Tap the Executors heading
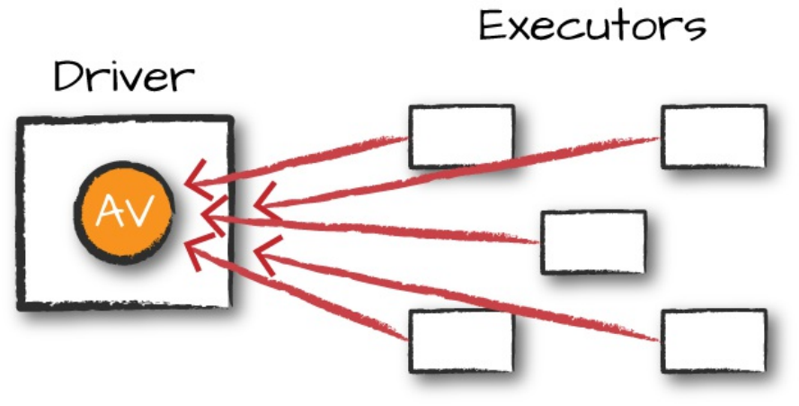592,27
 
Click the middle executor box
593,241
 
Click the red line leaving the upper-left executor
315,159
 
